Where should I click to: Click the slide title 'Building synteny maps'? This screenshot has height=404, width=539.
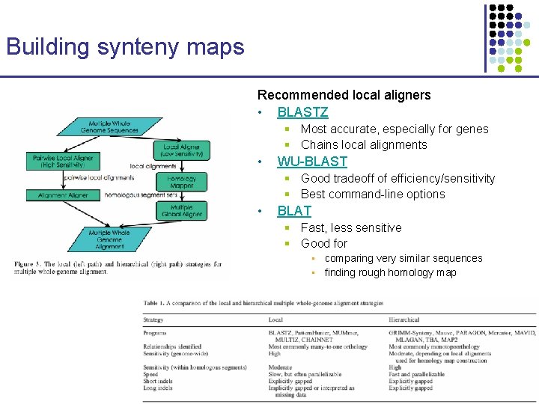[x=125, y=47]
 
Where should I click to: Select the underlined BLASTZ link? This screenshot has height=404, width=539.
[x=302, y=112]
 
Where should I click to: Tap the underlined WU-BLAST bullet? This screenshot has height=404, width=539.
[x=312, y=162]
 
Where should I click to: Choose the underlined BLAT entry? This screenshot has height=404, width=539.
[x=294, y=211]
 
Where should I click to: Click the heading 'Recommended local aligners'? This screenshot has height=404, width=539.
[x=344, y=95]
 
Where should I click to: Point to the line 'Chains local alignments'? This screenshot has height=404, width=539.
[x=363, y=145]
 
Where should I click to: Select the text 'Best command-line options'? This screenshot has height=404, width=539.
[x=372, y=195]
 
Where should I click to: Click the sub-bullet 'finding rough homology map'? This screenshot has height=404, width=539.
[x=390, y=272]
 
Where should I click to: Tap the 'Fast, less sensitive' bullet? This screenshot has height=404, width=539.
[x=350, y=227]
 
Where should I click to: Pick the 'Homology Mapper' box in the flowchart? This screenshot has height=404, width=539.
[x=181, y=183]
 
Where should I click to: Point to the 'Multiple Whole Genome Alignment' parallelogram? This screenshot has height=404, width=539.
[x=109, y=239]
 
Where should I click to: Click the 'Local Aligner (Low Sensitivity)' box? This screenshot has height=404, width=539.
[x=181, y=150]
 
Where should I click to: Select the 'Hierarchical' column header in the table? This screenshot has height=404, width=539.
[x=404, y=319]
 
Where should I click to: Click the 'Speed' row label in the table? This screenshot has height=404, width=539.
[x=151, y=374]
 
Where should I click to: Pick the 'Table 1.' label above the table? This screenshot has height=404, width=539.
[x=156, y=303]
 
